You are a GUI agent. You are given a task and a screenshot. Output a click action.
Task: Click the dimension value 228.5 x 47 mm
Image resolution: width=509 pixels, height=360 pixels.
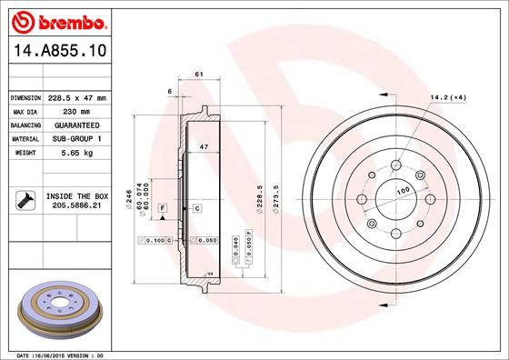click(x=77, y=97)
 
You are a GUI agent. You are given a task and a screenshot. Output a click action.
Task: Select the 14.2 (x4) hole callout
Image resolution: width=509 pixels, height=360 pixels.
click(x=448, y=97)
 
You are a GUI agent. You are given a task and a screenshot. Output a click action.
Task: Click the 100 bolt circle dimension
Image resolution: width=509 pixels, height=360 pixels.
click(x=402, y=189)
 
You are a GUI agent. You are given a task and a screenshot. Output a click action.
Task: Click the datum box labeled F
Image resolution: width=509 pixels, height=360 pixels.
click(x=163, y=209)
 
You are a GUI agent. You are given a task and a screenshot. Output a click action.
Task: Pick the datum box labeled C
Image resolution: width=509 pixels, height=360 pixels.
click(x=196, y=209)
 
